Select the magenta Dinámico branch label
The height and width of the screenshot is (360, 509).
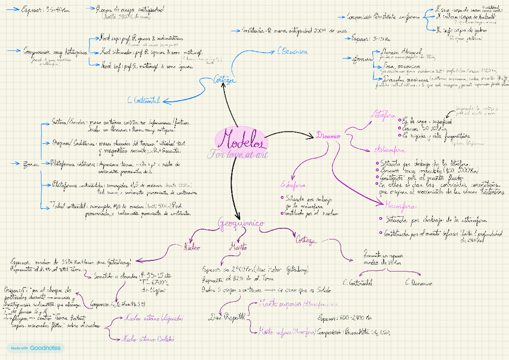click(329, 136)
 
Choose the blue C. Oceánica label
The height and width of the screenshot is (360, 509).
click(292, 52)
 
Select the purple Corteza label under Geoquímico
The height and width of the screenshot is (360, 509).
click(305, 241)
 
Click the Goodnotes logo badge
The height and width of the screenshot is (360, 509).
click(35, 347)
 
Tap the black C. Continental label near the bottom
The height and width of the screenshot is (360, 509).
click(357, 282)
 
